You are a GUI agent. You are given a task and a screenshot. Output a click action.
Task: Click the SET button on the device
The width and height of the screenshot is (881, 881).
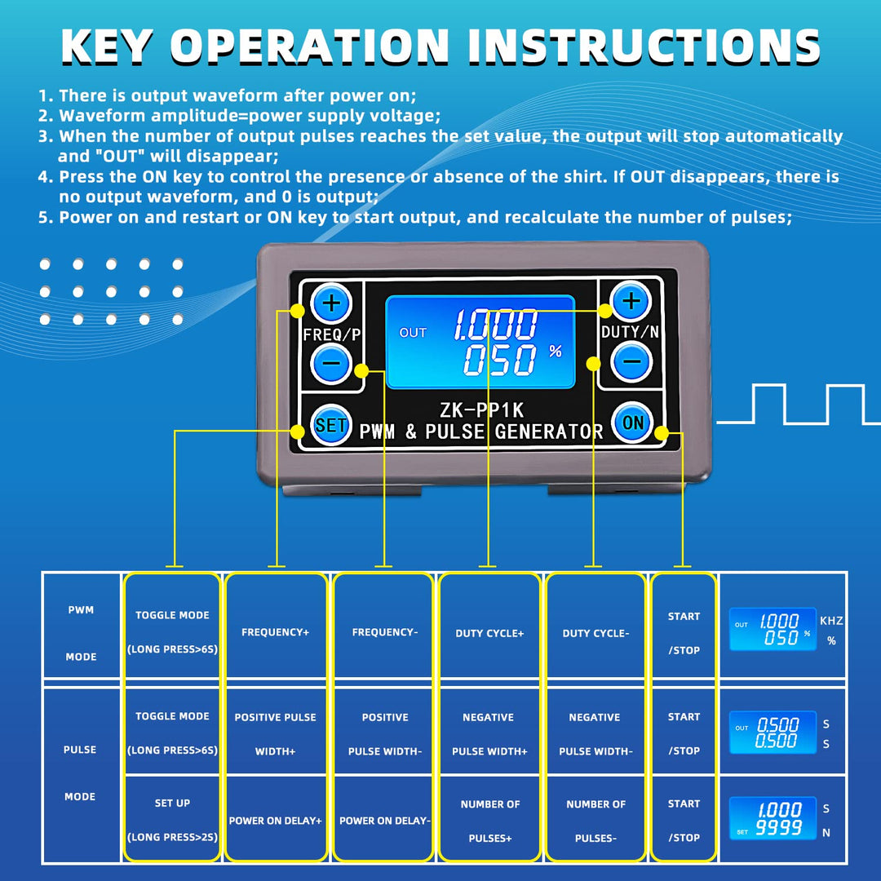330,425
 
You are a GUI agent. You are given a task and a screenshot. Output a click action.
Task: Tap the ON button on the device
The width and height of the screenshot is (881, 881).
632,423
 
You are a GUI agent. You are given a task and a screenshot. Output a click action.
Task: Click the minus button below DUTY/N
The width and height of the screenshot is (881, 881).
631,362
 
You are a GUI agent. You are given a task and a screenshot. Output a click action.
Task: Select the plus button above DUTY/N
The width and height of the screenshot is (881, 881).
631,302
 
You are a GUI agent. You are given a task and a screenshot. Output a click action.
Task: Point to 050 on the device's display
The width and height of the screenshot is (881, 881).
501,361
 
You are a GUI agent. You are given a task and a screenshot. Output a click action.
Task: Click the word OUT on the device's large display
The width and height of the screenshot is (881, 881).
413,333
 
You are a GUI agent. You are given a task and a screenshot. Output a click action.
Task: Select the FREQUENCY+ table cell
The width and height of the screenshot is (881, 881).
275,632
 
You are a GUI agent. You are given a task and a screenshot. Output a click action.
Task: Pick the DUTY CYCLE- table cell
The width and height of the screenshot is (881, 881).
594,633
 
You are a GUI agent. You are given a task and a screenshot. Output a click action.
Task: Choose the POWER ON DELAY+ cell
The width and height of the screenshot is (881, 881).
275,821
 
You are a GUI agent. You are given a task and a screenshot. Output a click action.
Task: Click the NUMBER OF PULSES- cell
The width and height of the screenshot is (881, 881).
595,821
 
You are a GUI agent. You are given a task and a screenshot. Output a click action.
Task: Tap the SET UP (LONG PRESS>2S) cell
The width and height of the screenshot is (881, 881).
172,820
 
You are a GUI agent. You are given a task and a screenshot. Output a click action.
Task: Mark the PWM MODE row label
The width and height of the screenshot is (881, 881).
81,633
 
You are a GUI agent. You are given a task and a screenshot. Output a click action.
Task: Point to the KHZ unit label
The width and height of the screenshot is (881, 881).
831,621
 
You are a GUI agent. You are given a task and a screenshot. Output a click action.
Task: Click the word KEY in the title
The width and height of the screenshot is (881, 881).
108,46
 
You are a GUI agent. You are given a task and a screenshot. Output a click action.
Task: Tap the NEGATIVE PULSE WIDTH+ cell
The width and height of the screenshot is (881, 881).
489,734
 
